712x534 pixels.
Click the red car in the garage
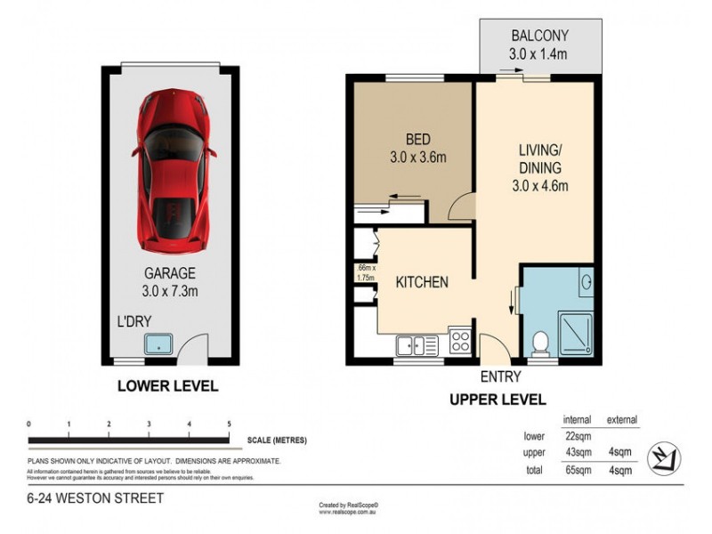pyautogui.click(x=176, y=169)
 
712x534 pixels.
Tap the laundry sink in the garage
pyautogui.click(x=158, y=342)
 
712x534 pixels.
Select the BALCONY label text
pyautogui.click(x=539, y=36)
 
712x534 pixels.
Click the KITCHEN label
pyautogui.click(x=421, y=282)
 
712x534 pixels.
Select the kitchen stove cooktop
pyautogui.click(x=462, y=341)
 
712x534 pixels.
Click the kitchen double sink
pyautogui.click(x=416, y=343)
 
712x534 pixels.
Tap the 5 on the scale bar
pyautogui.click(x=230, y=424)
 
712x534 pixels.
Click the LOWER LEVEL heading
pyautogui.click(x=167, y=387)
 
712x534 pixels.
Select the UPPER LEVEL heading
pyautogui.click(x=498, y=400)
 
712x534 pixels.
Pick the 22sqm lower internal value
pyautogui.click(x=578, y=435)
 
